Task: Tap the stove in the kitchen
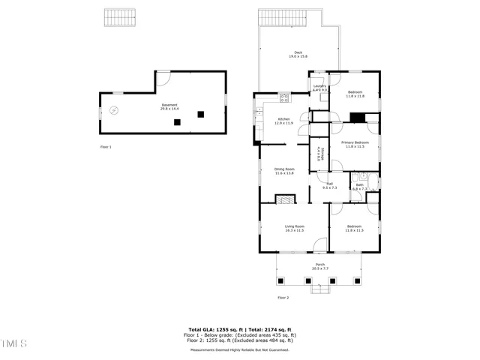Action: click(284, 97)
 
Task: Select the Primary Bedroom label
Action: click(355, 142)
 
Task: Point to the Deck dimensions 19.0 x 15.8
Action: click(298, 57)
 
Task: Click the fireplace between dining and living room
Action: click(284, 199)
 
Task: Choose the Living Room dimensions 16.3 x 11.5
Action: click(294, 230)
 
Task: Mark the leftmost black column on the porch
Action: click(281, 280)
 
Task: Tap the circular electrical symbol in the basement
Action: click(113, 110)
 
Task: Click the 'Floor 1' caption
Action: click(106, 147)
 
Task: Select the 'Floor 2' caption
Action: click(283, 298)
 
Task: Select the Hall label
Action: click(329, 184)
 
